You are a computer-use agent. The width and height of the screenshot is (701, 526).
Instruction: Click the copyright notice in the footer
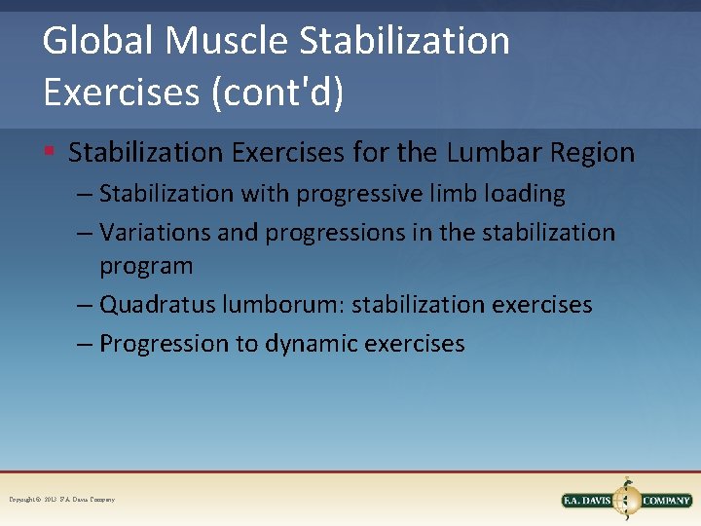point(61,500)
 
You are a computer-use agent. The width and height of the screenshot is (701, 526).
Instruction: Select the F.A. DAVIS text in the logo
point(589,501)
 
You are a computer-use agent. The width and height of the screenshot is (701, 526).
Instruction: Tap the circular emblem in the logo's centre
point(628,499)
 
